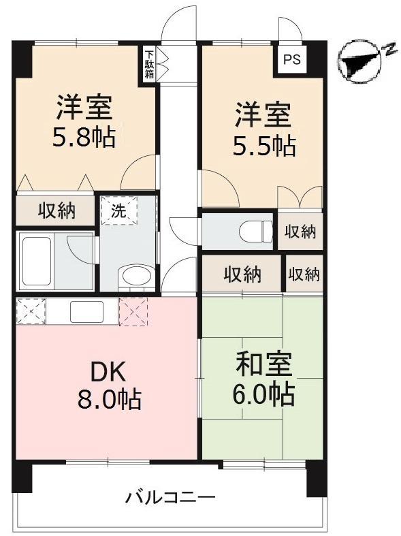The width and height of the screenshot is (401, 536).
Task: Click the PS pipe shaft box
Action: (291, 59)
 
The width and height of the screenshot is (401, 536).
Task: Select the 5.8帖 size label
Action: (84, 138)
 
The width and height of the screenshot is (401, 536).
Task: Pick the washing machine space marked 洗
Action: (119, 210)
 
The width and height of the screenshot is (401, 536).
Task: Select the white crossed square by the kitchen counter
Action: (31, 311)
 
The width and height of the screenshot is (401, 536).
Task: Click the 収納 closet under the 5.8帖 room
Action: (56, 210)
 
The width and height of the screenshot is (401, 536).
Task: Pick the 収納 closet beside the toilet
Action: (300, 232)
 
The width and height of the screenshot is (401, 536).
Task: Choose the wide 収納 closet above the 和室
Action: (242, 274)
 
